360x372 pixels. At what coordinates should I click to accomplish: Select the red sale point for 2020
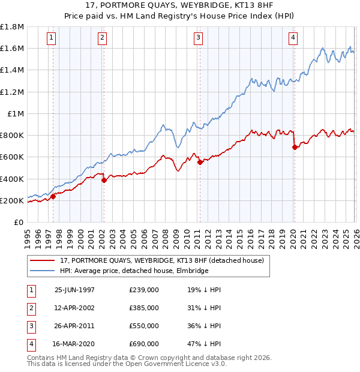pyautogui.click(x=295, y=147)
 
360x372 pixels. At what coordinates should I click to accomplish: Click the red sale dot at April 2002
pyautogui.click(x=104, y=180)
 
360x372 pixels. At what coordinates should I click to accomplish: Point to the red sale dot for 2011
pyautogui.click(x=200, y=162)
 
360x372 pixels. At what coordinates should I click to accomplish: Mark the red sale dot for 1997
pyautogui.click(x=53, y=196)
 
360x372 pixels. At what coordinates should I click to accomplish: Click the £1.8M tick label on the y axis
pyautogui.click(x=12, y=27)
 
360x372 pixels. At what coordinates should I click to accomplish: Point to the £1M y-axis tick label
pyautogui.click(x=16, y=114)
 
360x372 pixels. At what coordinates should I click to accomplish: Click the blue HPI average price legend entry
pyautogui.click(x=132, y=271)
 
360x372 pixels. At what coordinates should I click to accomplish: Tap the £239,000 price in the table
pyautogui.click(x=144, y=289)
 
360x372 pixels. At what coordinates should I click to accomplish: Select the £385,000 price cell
pyautogui.click(x=144, y=308)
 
